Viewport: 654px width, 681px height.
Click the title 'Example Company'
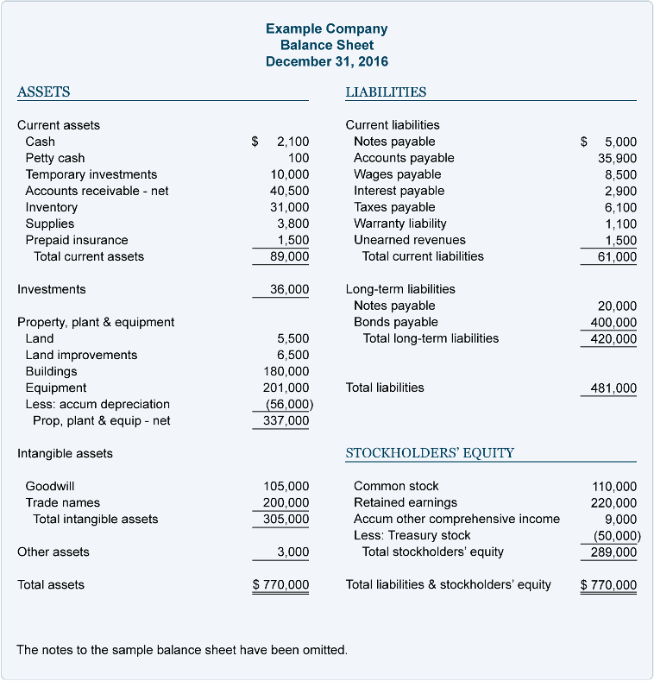[x=326, y=28]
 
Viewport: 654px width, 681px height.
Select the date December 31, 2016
[x=326, y=61]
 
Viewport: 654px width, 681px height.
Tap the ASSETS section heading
[x=44, y=91]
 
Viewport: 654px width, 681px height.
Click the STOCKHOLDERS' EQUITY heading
[x=430, y=452]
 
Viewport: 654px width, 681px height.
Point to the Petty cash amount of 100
[x=299, y=158]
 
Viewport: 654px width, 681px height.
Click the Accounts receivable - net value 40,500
[x=289, y=191]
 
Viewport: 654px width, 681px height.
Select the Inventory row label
[x=52, y=207]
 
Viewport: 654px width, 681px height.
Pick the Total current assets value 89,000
[x=289, y=256]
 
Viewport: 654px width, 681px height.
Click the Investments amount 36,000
[x=289, y=289]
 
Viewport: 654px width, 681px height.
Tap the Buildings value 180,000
[x=286, y=371]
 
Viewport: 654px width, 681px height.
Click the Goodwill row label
[x=50, y=486]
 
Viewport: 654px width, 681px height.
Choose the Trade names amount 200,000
[x=286, y=502]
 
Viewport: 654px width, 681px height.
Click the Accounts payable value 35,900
[x=617, y=158]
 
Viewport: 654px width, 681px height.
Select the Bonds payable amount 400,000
[x=613, y=322]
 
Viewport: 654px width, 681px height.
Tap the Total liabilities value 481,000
[x=613, y=388]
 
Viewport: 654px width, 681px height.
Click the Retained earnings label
[x=406, y=502]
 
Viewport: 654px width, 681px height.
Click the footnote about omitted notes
[x=182, y=649]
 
